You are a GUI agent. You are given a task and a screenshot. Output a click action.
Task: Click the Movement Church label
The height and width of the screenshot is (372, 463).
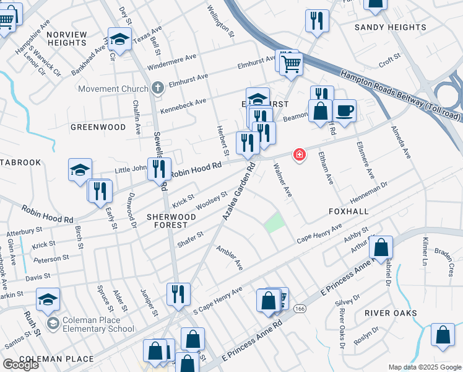[113, 89]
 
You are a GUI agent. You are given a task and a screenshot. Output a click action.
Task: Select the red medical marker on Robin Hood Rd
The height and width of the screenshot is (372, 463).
[300, 154]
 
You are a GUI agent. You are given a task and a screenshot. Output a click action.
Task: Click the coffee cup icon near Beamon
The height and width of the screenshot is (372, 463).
[344, 111]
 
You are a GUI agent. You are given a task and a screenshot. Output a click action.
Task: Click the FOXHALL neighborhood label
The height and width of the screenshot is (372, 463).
[348, 211]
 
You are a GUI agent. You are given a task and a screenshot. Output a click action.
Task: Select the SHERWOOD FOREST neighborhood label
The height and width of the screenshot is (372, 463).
[171, 221]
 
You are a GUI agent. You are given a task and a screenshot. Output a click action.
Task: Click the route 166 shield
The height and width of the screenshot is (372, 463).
[300, 308]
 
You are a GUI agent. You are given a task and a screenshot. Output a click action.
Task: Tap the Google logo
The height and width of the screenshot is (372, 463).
[20, 365]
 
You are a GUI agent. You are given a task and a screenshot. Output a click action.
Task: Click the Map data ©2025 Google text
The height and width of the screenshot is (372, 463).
[425, 367]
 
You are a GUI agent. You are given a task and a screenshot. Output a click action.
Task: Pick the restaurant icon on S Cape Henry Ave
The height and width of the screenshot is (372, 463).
[178, 294]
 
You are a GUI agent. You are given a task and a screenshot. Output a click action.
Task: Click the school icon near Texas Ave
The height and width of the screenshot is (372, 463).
[120, 39]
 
